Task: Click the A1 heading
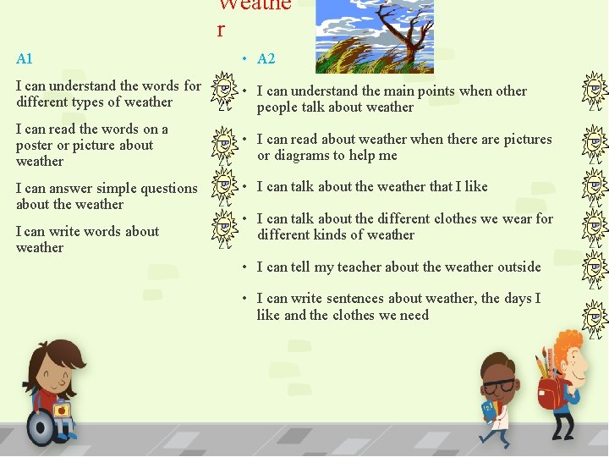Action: tap(24, 59)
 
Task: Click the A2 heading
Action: tap(266, 58)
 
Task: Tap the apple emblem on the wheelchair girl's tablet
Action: tap(61, 410)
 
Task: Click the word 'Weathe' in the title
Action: tap(254, 4)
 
